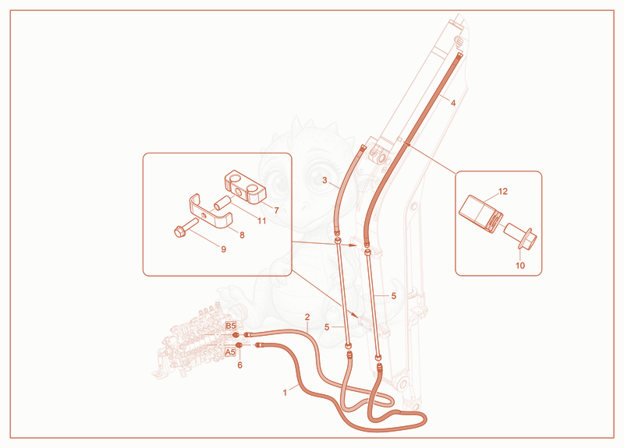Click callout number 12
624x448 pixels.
click(x=503, y=191)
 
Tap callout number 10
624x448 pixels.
click(x=520, y=265)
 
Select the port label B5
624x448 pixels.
click(x=231, y=326)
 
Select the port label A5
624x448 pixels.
click(x=230, y=352)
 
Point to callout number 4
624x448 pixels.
click(x=453, y=103)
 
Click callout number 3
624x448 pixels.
click(x=324, y=181)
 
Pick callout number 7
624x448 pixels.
click(x=276, y=210)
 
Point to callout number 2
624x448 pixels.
click(x=307, y=317)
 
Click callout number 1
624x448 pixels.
click(x=285, y=393)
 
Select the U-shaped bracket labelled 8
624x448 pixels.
click(x=210, y=213)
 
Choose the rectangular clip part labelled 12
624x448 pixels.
click(x=480, y=213)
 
